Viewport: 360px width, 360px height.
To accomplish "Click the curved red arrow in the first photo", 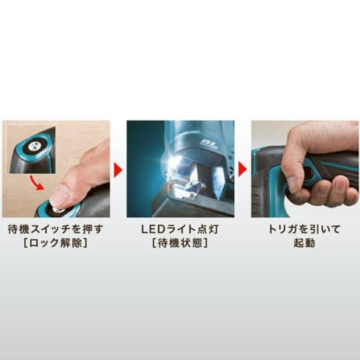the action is tap(37, 183).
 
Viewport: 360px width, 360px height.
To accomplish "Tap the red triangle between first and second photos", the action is tap(118, 170).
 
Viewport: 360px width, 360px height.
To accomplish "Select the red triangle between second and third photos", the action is tap(242, 169).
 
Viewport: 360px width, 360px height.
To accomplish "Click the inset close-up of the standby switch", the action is tap(31, 149).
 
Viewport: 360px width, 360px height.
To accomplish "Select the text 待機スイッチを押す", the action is tap(56, 229).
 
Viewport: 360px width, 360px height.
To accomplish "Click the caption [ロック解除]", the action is tap(56, 243).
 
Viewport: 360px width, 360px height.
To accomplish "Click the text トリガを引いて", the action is tap(304, 229).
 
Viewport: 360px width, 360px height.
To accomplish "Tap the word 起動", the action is tap(304, 243).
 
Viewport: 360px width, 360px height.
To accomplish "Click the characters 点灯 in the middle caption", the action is tap(208, 229).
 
